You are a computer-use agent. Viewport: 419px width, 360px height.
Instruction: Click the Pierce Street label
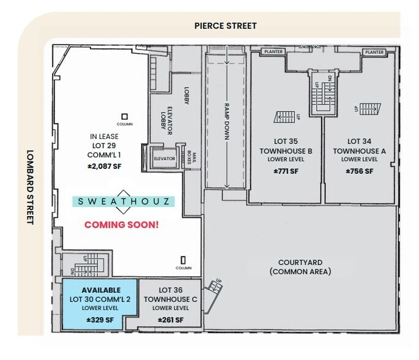tap(225, 26)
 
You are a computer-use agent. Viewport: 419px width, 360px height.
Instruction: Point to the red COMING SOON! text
tap(121, 224)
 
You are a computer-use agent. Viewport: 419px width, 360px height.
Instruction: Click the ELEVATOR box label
tap(165, 159)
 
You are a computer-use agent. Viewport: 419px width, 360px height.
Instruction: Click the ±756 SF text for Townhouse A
tap(360, 171)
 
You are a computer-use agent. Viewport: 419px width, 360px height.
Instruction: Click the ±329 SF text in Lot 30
tap(100, 320)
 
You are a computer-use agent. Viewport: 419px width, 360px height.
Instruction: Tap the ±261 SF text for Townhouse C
tap(169, 320)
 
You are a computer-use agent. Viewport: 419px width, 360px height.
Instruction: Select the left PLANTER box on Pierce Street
tap(273, 52)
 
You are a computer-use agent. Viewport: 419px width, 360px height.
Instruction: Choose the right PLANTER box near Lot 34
tap(374, 52)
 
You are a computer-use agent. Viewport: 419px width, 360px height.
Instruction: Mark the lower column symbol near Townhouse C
tap(183, 260)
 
